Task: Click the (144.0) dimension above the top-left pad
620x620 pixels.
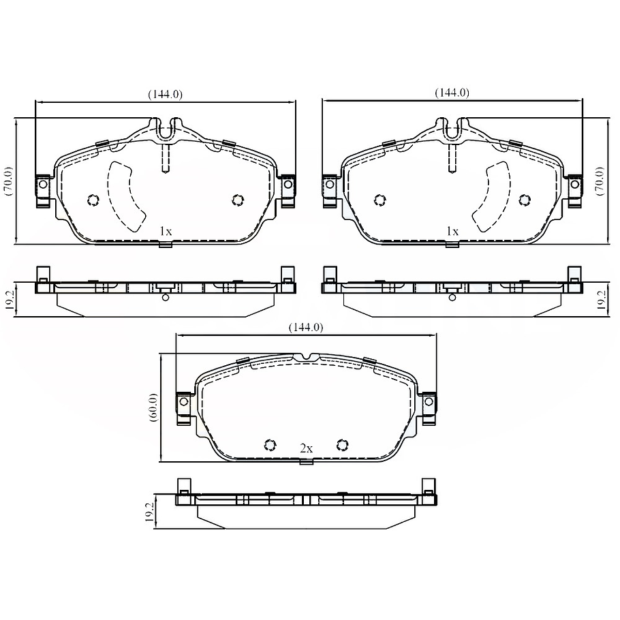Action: tap(166, 94)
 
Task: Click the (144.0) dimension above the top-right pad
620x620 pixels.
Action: tap(452, 93)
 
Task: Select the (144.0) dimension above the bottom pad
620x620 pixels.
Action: tap(306, 328)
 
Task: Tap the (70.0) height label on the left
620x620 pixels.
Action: tap(8, 181)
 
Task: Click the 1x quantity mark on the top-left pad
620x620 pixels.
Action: tap(166, 231)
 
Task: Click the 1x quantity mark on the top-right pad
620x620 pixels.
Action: tap(452, 231)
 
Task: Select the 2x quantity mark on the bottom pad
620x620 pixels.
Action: tap(307, 448)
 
